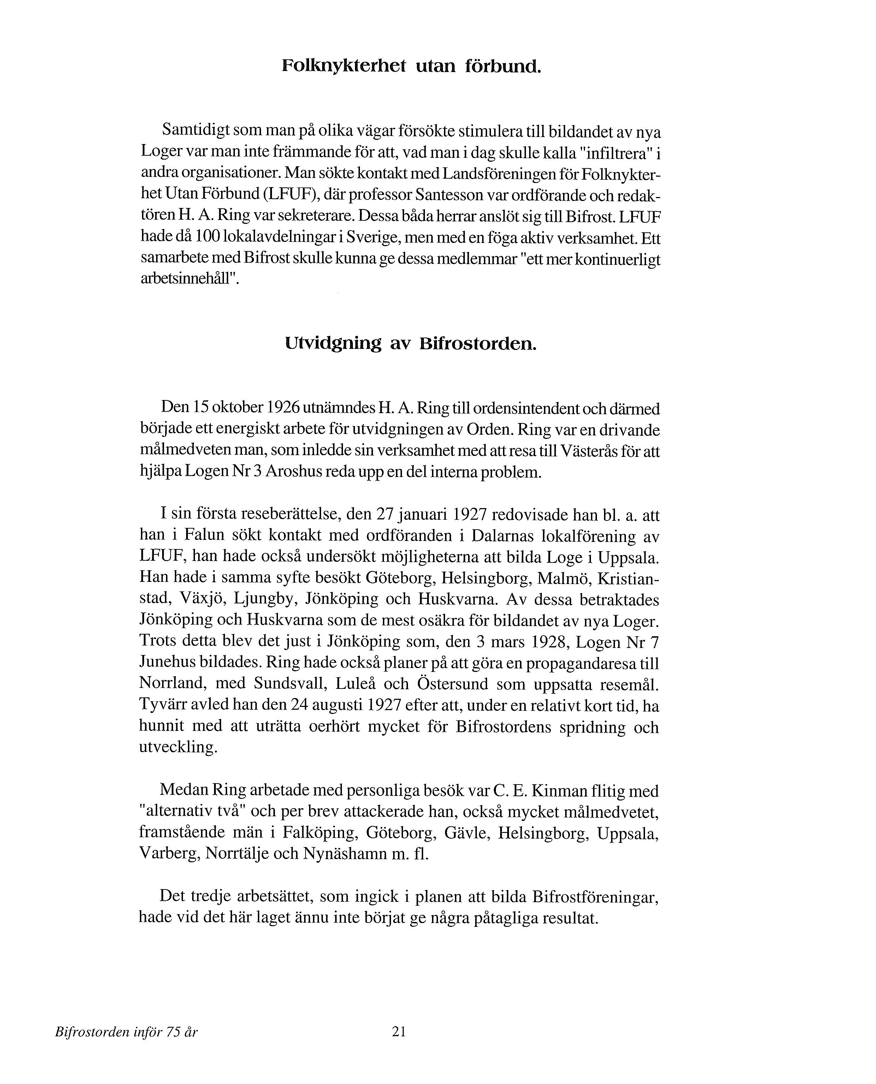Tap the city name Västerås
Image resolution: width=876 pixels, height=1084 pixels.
coord(587,451)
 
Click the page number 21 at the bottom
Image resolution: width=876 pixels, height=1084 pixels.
coord(399,1032)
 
